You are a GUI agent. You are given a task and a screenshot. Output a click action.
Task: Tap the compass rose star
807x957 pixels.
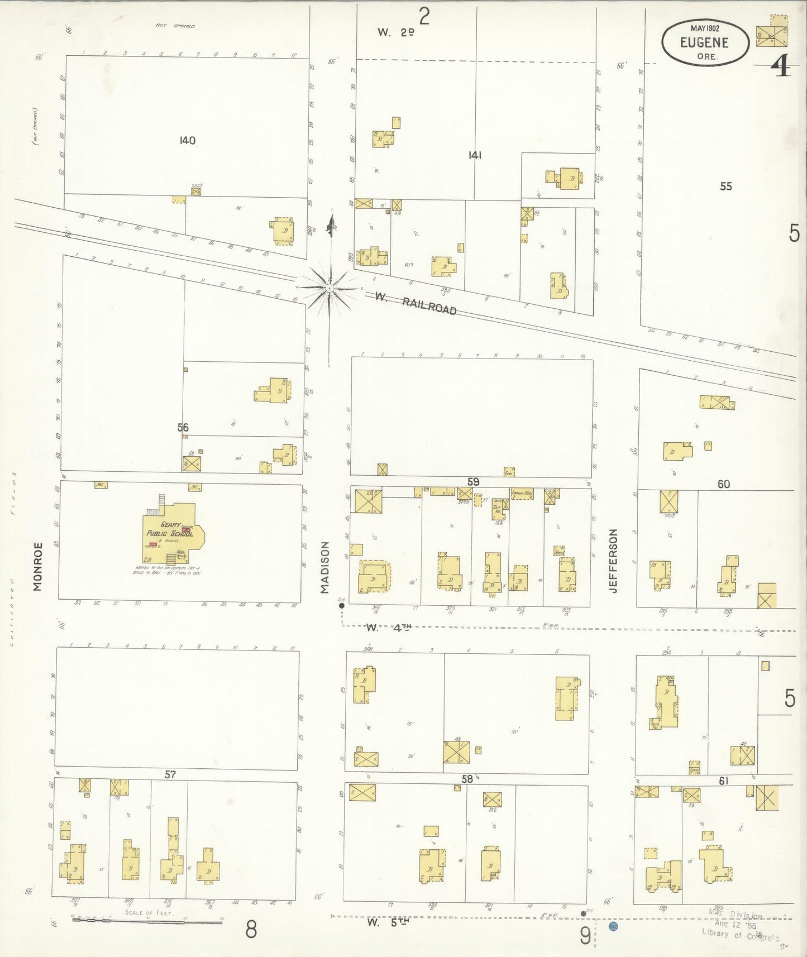330,288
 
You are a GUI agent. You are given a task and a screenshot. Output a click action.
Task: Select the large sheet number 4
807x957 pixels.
780,68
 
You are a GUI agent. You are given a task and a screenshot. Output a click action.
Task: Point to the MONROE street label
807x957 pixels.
37,566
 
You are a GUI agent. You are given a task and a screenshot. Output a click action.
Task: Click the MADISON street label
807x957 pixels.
325,567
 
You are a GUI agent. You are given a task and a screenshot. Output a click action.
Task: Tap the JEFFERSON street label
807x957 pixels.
614,561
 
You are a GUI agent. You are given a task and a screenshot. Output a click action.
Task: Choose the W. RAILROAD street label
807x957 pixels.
416,303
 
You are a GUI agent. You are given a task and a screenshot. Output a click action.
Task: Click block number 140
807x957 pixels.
188,140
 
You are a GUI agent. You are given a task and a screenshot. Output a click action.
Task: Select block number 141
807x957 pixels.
475,155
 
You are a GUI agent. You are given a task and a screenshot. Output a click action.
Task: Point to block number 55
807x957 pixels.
725,186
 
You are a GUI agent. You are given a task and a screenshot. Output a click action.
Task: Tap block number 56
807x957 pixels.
183,427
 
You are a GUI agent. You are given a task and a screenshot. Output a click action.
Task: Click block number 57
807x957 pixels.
170,774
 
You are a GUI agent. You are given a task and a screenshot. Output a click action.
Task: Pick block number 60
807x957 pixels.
724,484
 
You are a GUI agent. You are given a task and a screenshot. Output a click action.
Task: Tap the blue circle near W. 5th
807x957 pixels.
613,926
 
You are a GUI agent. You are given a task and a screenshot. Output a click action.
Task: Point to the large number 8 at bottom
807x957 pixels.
251,930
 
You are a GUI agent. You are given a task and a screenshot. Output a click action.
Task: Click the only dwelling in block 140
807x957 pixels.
284,231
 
